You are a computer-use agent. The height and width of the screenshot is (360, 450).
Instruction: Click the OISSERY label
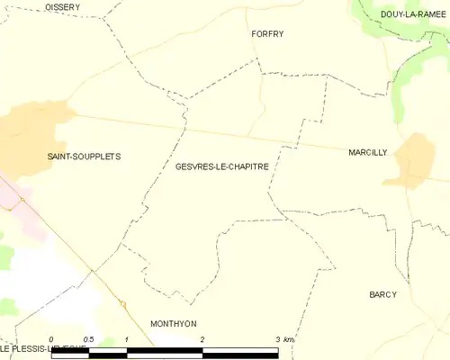[62, 7]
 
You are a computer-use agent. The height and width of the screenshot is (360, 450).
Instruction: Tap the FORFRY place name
[266, 34]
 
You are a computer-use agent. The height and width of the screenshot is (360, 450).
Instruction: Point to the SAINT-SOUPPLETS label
[84, 157]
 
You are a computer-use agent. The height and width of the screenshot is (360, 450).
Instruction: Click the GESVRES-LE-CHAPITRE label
[221, 166]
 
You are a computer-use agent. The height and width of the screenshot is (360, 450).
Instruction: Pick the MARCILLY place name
[367, 153]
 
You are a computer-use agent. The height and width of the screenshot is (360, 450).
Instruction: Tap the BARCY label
[382, 295]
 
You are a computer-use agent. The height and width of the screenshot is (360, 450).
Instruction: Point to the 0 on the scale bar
[51, 339]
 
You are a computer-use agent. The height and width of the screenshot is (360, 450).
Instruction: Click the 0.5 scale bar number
[88, 339]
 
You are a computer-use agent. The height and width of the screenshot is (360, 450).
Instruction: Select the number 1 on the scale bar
[127, 339]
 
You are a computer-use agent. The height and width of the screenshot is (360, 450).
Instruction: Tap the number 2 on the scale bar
[202, 339]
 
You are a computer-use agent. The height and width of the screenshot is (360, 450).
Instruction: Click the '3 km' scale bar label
[283, 339]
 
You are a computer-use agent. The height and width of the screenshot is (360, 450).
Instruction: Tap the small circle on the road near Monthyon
[123, 303]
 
